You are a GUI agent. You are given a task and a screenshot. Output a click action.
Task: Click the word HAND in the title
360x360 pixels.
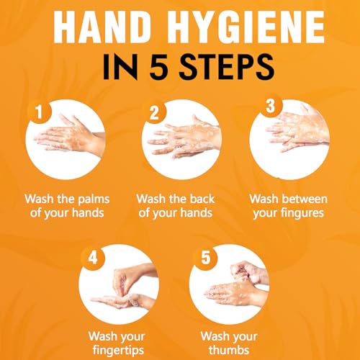pos(102,27)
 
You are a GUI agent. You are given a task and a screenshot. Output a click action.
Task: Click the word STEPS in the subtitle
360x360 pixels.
pos(226,66)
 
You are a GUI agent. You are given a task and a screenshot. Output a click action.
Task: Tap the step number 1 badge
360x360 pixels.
pos(40,112)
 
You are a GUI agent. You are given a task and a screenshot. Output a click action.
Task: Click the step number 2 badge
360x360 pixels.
pos(154,112)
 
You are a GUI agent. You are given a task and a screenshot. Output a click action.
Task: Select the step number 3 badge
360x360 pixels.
pos(270,106)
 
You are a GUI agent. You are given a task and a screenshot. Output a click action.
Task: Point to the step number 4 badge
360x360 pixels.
pos(93,258)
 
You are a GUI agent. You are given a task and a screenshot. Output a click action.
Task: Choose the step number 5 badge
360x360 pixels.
pos(205,258)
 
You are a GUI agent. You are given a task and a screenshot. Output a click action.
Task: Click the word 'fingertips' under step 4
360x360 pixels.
pos(118,351)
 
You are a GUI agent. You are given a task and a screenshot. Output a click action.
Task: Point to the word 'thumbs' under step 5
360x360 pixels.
pos(229,349)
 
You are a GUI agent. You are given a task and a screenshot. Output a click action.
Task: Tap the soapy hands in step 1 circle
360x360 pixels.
pos(70,135)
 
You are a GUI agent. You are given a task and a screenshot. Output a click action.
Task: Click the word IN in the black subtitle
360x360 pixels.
pos(120,67)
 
